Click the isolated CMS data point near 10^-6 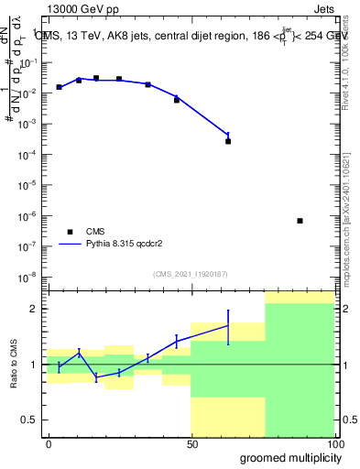tap(300, 221)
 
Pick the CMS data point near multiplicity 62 tap(228, 141)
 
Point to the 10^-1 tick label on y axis tap(32, 62)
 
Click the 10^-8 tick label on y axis tap(32, 277)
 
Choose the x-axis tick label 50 tap(191, 442)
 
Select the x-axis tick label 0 tap(49, 442)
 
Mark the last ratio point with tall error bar tap(228, 325)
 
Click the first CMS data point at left tap(59, 87)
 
